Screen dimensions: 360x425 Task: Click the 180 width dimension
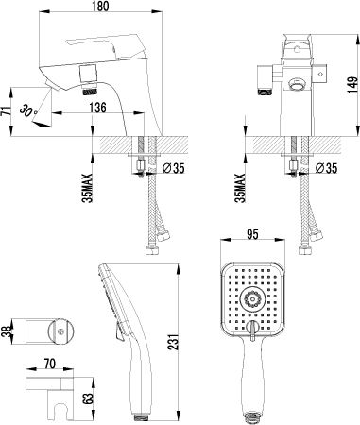click(101, 7)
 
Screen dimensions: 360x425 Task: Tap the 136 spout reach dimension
click(98, 108)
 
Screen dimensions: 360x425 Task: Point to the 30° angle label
click(28, 110)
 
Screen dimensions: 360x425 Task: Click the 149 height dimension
click(352, 85)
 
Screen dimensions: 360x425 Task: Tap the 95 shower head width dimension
click(252, 234)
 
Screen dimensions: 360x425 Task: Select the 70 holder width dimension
click(50, 364)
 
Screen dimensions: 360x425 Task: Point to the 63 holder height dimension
click(89, 399)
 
